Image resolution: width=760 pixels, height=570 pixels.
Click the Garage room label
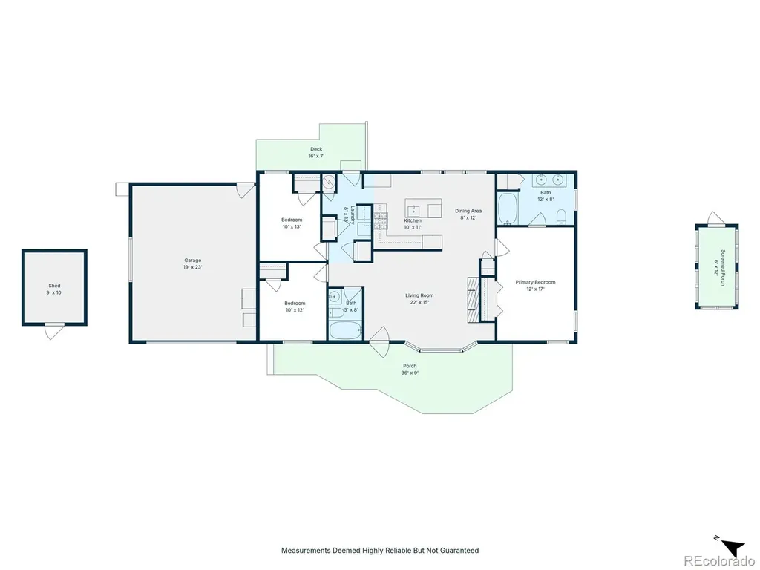coord(192,261)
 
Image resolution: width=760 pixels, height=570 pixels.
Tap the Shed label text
coord(54,286)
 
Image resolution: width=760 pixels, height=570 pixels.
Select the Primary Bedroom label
coord(535,282)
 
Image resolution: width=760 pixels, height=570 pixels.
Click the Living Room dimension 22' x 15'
coord(419,302)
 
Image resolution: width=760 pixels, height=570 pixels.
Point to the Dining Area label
coord(468,211)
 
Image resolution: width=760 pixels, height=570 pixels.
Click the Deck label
coord(316,149)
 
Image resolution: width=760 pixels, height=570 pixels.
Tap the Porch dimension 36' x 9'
coord(410,373)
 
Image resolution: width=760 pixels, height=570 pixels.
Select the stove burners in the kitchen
coord(381,220)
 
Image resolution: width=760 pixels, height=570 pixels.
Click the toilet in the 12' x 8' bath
coord(561,217)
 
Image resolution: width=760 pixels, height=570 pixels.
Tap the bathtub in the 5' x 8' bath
coord(346,330)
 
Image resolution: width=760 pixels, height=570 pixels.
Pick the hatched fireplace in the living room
coord(473,300)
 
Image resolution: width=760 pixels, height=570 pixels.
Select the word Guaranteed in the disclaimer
coord(459,550)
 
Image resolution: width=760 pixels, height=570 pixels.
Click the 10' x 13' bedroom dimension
coord(292,226)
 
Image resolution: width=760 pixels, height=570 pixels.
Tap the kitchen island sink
coord(413,209)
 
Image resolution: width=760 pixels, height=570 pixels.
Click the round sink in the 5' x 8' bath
coord(335,296)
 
